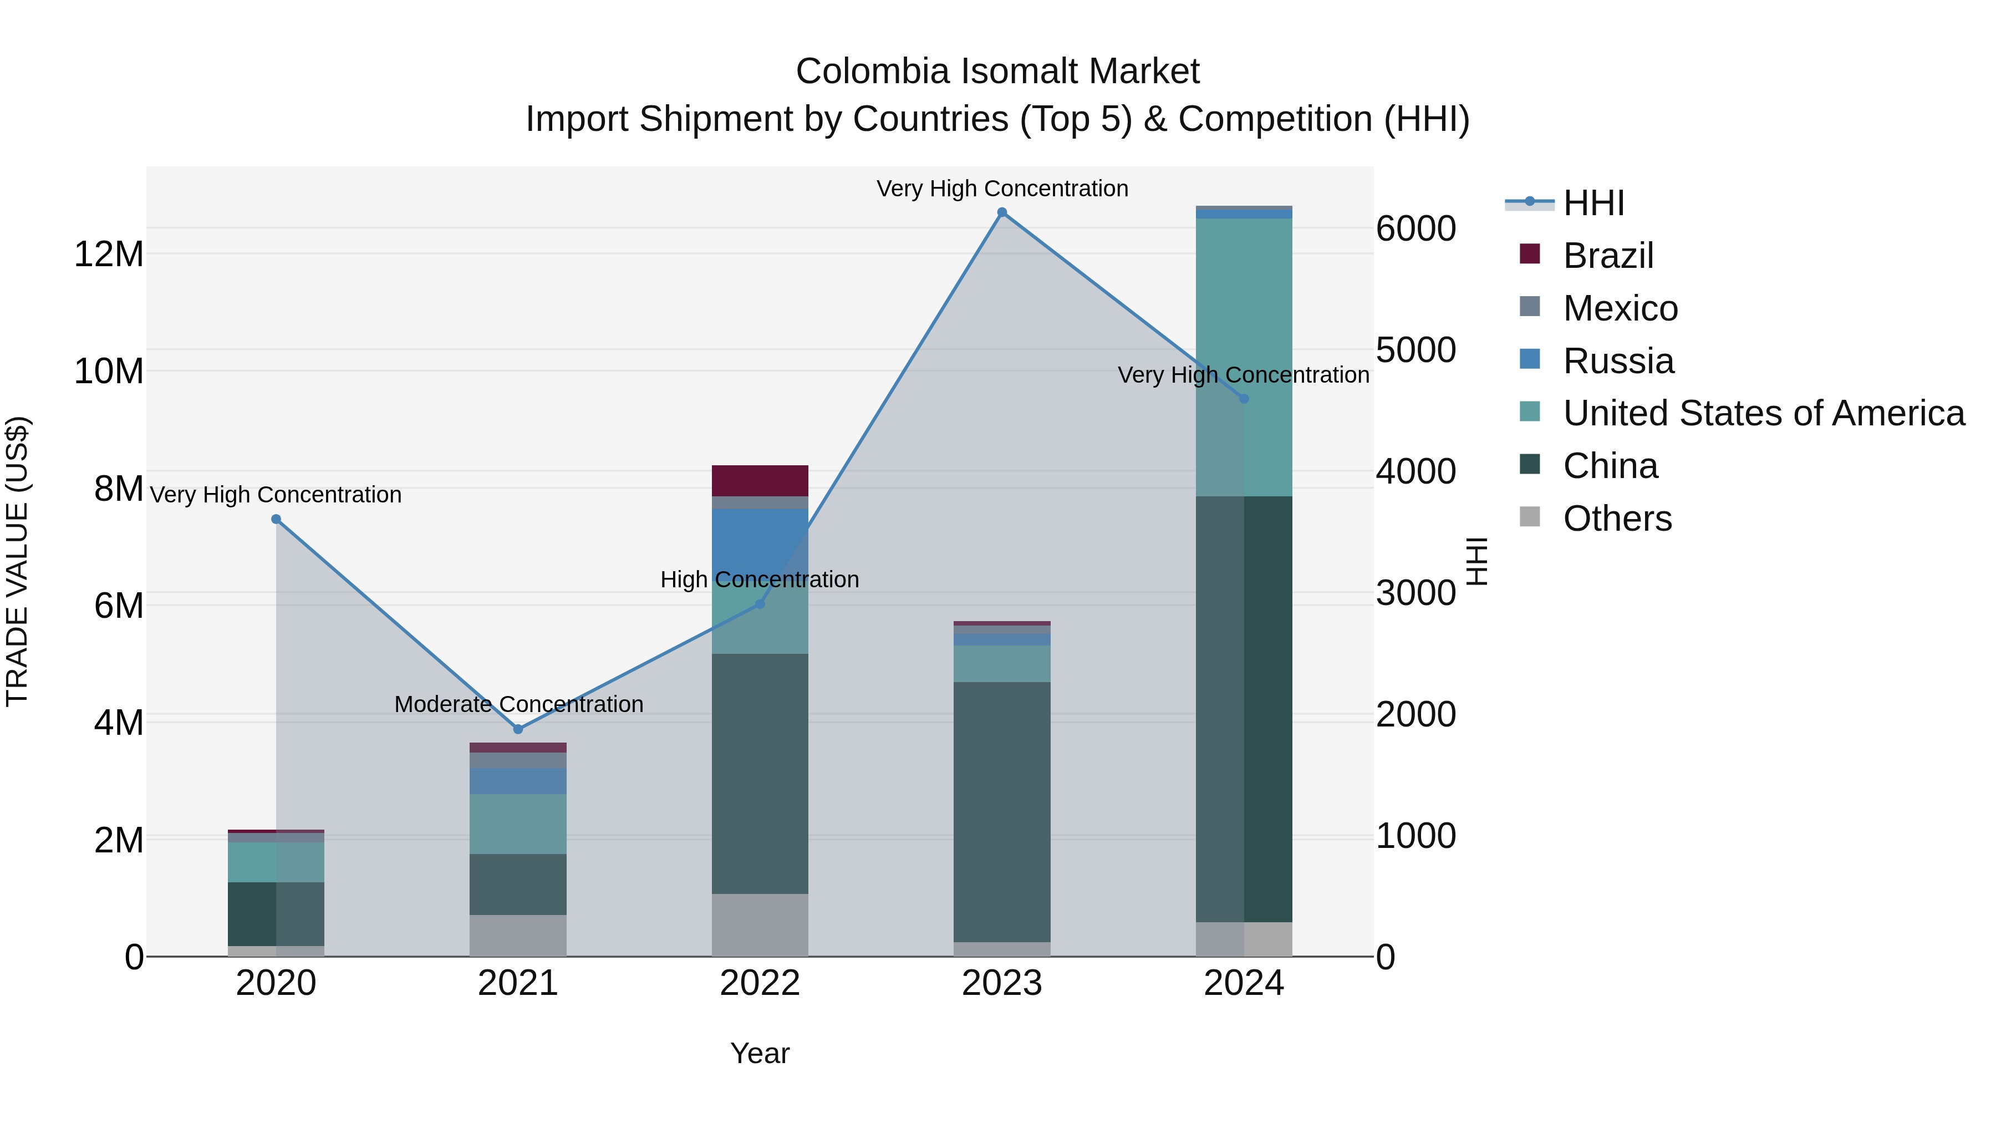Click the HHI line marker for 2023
point(1002,212)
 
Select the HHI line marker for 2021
point(518,729)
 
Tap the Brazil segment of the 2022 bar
point(760,480)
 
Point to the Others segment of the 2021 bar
point(518,936)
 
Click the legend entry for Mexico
point(1620,308)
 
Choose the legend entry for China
point(1610,466)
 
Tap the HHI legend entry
point(1593,203)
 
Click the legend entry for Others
point(1617,519)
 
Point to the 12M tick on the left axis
point(109,254)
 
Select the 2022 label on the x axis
point(760,983)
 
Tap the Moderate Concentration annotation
point(518,704)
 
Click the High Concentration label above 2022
point(760,579)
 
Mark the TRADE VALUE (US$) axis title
point(17,561)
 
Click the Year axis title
point(760,1053)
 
